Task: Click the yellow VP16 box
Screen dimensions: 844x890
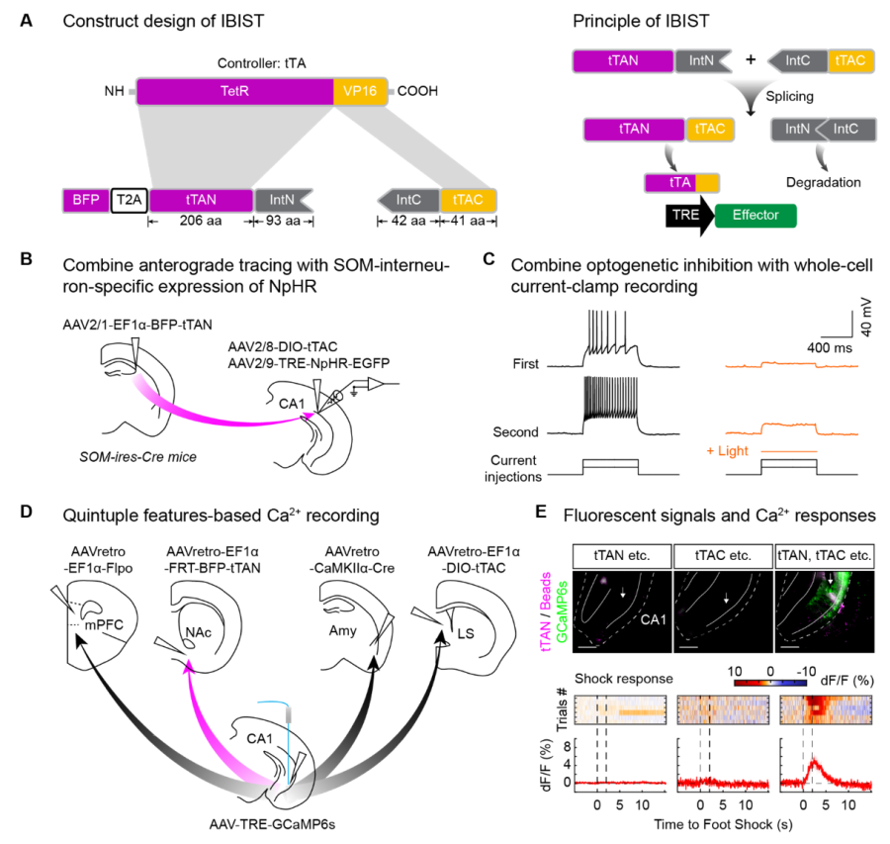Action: [362, 93]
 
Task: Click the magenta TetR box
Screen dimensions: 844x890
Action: [234, 93]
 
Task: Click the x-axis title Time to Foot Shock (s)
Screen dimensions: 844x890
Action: [725, 823]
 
